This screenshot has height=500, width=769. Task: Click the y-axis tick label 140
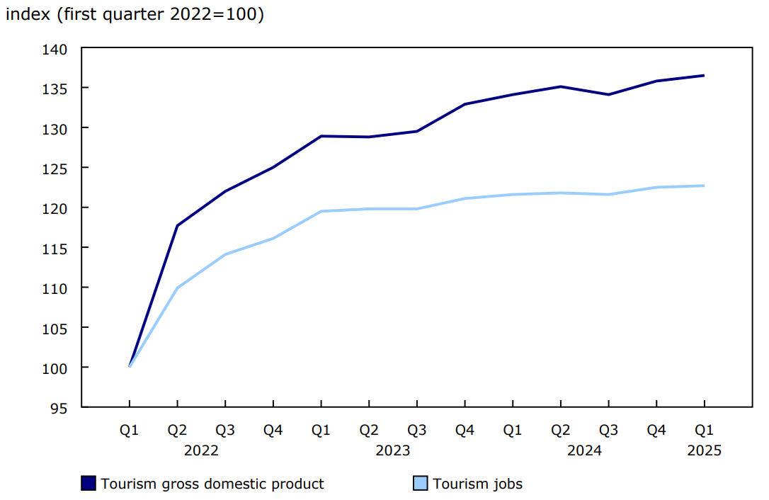57,49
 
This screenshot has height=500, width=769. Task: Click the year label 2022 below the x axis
201,450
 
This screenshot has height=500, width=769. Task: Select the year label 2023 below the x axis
393,450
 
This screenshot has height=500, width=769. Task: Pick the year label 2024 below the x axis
585,450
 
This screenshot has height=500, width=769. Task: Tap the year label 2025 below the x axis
705,450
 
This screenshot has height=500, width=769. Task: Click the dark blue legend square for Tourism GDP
89,484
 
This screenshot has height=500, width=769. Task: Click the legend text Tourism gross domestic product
212,484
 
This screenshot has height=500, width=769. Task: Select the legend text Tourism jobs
478,484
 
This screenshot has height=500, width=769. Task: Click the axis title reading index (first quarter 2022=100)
135,15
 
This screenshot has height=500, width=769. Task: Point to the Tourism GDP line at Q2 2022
177,226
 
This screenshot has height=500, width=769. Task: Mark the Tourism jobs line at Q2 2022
177,288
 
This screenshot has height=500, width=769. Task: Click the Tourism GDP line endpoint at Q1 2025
705,75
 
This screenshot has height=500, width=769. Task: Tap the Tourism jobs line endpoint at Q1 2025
705,186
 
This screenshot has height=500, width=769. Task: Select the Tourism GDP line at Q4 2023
465,104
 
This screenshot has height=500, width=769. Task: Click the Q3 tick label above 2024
608,431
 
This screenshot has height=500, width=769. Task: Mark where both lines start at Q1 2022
130,367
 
